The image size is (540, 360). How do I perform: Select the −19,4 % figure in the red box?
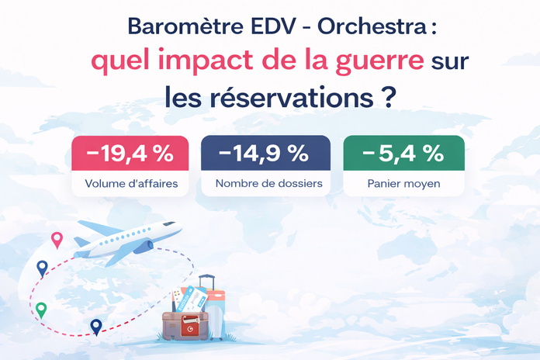[130, 154]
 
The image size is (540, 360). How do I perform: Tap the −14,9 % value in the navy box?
[264, 154]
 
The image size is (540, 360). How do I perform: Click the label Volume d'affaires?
[130, 185]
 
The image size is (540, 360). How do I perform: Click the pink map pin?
[56, 239]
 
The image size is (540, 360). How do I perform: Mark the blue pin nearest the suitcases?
[95, 326]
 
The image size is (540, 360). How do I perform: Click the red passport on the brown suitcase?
[189, 329]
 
